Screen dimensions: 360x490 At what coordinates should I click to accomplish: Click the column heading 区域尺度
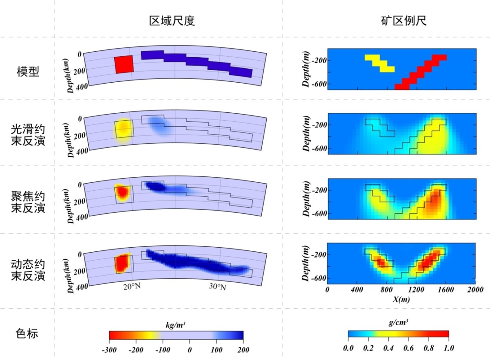pos(172,21)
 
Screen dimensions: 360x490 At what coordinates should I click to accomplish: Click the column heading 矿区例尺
pos(404,21)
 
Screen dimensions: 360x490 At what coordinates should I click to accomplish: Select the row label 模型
pos(28,71)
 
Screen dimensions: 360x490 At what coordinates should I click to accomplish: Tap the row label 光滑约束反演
pos(28,135)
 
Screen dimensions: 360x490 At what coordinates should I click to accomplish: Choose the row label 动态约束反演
pos(28,270)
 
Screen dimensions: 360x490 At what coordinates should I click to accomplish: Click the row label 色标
pos(27,333)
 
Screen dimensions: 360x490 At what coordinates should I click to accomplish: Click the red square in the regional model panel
pos(124,64)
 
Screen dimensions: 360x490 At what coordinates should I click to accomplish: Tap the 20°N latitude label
pos(132,286)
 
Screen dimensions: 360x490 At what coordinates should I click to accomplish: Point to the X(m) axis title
pos(401,299)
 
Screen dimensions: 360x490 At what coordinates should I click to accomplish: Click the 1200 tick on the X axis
pos(416,290)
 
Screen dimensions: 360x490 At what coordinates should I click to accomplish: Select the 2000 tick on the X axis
pos(475,290)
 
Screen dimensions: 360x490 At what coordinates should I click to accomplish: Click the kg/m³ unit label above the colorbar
pos(175,325)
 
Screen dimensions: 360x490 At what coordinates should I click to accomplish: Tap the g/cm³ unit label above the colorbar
pos(398,323)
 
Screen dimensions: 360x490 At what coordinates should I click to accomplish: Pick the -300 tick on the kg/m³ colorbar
pos(109,350)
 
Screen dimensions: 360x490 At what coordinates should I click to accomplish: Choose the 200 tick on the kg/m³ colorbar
pos(243,350)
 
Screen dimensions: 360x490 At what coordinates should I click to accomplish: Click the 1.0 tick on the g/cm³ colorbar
pos(449,348)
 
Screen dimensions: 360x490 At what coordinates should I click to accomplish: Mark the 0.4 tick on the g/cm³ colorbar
pos(388,348)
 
